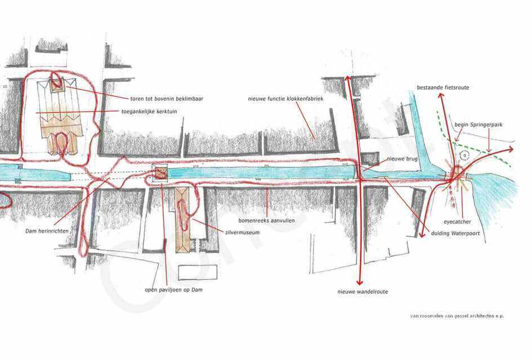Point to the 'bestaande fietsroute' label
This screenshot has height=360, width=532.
[x=442, y=87]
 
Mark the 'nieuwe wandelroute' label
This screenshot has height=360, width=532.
[x=363, y=292]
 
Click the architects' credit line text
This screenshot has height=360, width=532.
[x=457, y=316]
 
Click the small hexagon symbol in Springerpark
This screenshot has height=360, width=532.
[x=465, y=155]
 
